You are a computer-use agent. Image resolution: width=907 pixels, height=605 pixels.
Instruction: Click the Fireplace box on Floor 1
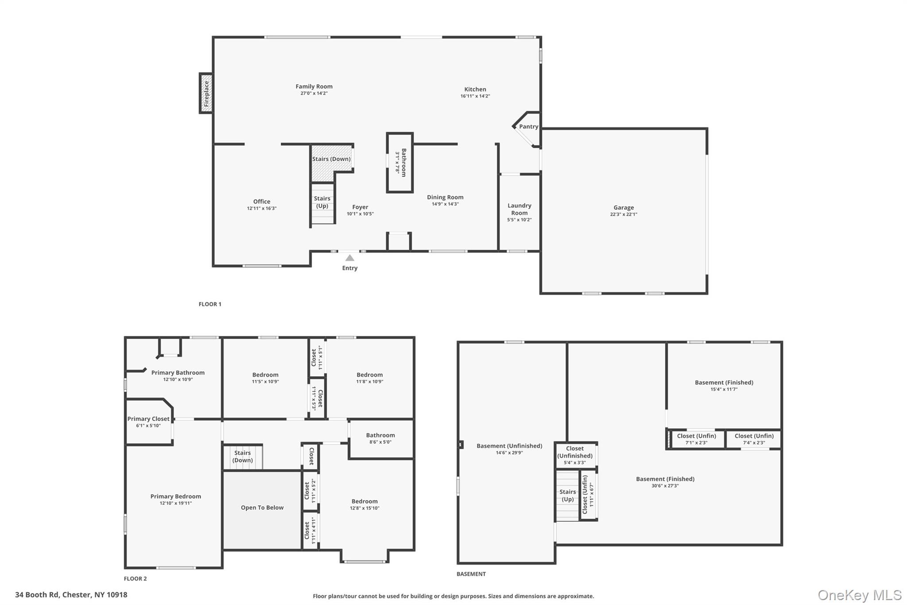(x=206, y=94)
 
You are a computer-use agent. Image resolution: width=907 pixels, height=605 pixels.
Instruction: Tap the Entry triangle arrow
(x=349, y=258)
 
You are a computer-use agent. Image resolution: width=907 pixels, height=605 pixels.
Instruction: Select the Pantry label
(x=528, y=127)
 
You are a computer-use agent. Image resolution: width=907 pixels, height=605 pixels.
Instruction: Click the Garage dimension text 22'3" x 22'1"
(x=623, y=215)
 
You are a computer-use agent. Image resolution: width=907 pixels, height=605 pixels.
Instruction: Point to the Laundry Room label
(x=519, y=209)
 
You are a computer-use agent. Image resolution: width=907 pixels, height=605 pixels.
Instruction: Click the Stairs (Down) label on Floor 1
(x=331, y=159)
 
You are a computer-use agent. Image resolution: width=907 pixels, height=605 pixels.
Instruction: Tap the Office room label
(x=262, y=202)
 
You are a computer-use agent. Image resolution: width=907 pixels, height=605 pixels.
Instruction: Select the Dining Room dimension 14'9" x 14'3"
(x=445, y=204)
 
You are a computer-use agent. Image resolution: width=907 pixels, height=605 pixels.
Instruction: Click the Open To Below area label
(x=262, y=508)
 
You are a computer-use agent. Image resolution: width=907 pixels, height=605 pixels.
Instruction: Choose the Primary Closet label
(x=148, y=419)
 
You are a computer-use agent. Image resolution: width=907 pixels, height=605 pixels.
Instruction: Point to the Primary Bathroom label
(x=178, y=373)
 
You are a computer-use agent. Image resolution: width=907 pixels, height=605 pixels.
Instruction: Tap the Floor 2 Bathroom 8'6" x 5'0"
(x=380, y=438)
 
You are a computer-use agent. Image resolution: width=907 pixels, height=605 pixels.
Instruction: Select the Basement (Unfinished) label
(x=509, y=446)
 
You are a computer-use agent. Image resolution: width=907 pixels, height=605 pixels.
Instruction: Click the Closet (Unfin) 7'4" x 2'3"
(x=754, y=439)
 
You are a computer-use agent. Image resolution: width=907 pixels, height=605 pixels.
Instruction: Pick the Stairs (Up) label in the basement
(x=567, y=496)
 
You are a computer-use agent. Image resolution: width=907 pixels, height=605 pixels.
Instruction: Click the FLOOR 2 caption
(x=135, y=578)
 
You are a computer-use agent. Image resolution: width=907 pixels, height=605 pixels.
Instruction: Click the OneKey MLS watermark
(x=859, y=595)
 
